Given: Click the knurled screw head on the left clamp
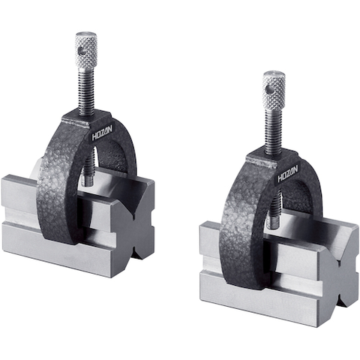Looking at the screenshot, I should click(86, 52).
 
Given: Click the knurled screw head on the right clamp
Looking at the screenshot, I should click(274, 90).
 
